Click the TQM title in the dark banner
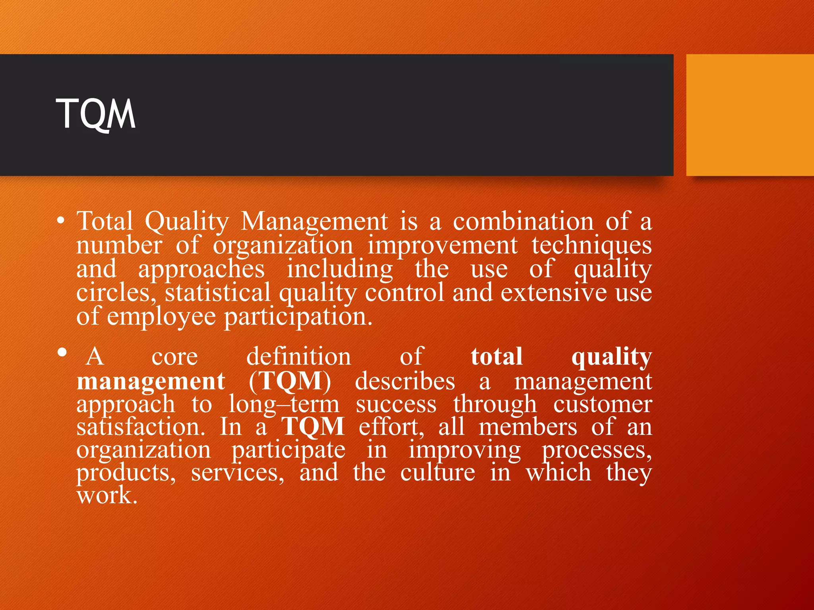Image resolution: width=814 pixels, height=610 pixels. click(96, 114)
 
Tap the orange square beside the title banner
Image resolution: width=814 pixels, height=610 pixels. click(750, 115)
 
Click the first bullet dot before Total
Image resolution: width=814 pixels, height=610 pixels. click(60, 221)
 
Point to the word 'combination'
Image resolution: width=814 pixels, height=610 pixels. click(523, 221)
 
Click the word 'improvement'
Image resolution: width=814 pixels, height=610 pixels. click(442, 245)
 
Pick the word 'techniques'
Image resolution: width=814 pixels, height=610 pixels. click(591, 246)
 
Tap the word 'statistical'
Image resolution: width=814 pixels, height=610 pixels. click(218, 293)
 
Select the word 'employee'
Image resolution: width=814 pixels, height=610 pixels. click(161, 317)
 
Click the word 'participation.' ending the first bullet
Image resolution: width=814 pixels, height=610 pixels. click(298, 317)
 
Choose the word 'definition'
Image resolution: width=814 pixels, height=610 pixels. click(298, 356)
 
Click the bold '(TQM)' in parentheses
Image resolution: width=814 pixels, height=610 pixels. click(290, 381)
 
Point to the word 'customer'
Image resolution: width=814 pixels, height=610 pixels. click(602, 404)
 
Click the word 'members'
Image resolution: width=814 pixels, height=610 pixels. click(527, 427)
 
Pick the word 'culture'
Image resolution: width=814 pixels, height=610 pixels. click(437, 472)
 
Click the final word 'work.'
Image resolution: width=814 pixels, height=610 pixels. click(107, 495)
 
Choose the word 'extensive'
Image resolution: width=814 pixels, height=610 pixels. click(553, 293)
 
